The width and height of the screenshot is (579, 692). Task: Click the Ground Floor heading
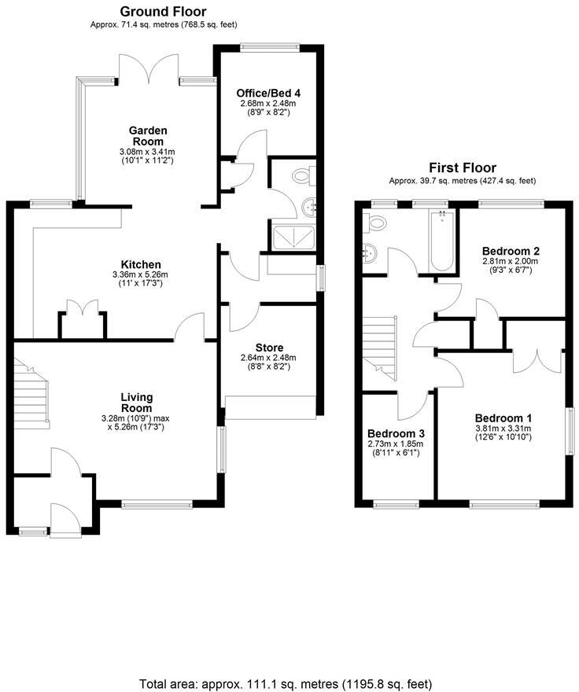(163, 12)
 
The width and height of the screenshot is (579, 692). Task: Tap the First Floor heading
(462, 167)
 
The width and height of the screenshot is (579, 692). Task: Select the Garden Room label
(148, 136)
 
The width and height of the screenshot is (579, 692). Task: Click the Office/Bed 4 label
(270, 93)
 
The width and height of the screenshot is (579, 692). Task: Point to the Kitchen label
(141, 264)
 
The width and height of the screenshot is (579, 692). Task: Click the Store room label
(269, 348)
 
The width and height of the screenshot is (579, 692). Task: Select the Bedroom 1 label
(503, 418)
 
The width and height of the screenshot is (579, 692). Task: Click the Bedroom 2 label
(511, 252)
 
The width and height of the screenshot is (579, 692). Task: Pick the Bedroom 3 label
(396, 433)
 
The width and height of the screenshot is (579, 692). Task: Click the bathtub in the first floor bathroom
(441, 241)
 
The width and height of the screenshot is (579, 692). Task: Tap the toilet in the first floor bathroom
(376, 223)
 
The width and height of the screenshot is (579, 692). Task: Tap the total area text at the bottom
(286, 683)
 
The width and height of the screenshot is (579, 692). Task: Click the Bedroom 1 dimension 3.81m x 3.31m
(503, 429)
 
